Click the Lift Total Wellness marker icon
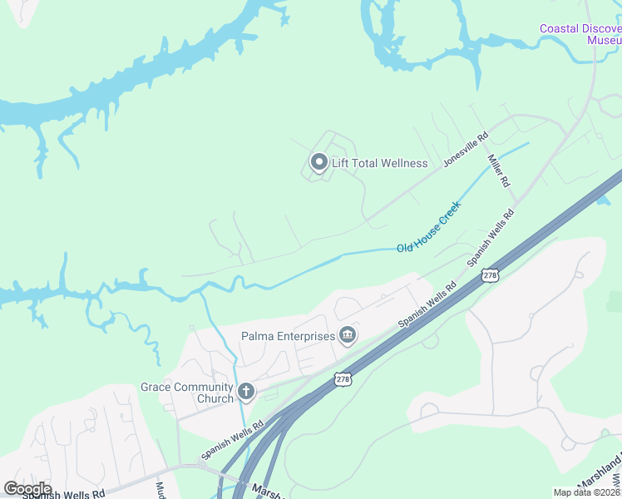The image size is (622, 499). pos(318,162)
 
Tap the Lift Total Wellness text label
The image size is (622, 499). pos(379,163)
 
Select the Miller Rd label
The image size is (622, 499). pos(498,170)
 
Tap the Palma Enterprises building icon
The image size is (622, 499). pos(348,336)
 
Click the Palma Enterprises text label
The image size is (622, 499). pos(288,336)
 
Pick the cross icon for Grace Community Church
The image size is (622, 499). pos(245,391)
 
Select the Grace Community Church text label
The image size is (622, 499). pos(187,393)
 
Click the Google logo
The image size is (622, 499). pos(27,489)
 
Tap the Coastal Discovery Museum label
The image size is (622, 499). pos(580,34)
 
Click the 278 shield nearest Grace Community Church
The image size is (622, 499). pos(343,379)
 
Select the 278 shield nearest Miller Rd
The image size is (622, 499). pos(491,274)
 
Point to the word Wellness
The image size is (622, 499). pos(402,163)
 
